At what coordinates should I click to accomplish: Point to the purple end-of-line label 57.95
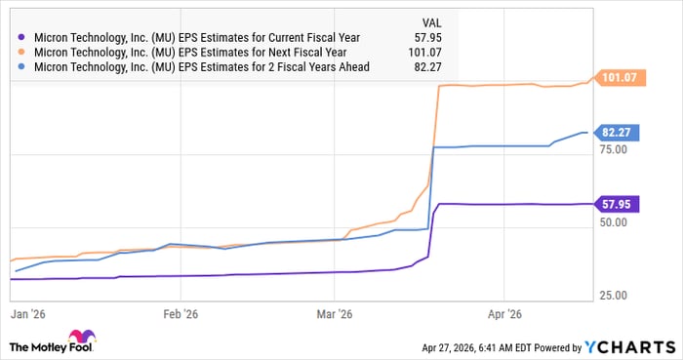tap(618, 204)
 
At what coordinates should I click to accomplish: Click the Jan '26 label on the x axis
tap(25, 315)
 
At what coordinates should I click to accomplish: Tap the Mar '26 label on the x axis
tap(335, 315)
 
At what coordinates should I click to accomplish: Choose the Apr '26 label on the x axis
tap(503, 315)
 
